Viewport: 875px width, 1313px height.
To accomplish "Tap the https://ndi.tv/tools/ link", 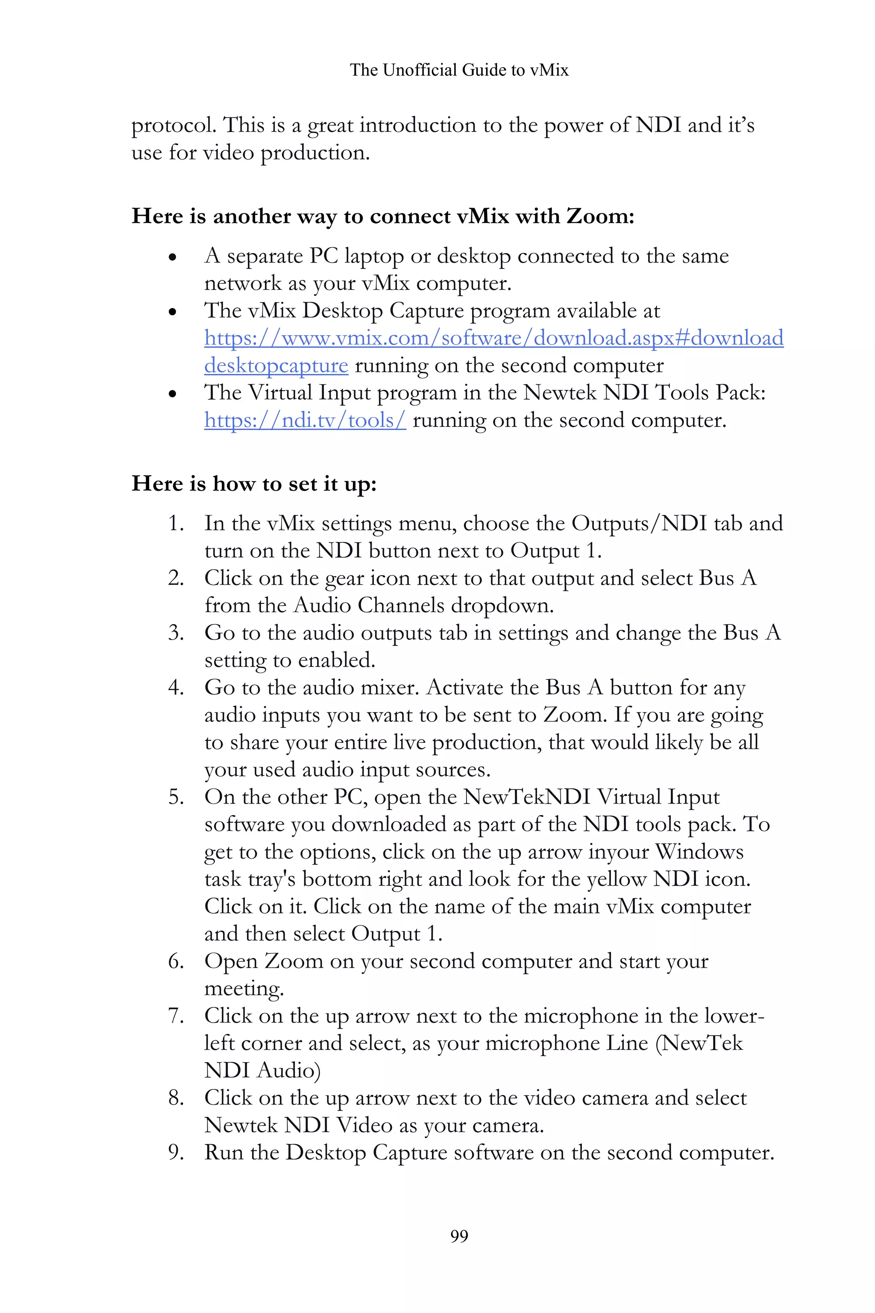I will [305, 420].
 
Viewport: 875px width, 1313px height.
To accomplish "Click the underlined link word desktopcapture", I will [276, 366].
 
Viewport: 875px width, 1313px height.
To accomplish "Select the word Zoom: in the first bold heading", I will [600, 216].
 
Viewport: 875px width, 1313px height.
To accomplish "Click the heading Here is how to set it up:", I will [254, 483].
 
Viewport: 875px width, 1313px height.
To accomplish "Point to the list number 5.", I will [176, 797].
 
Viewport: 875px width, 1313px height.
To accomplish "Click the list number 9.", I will [176, 1153].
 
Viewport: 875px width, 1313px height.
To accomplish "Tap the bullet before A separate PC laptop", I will [173, 257].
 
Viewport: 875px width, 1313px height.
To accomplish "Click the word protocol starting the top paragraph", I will [173, 126].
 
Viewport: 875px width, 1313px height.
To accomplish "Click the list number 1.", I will [176, 524].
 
